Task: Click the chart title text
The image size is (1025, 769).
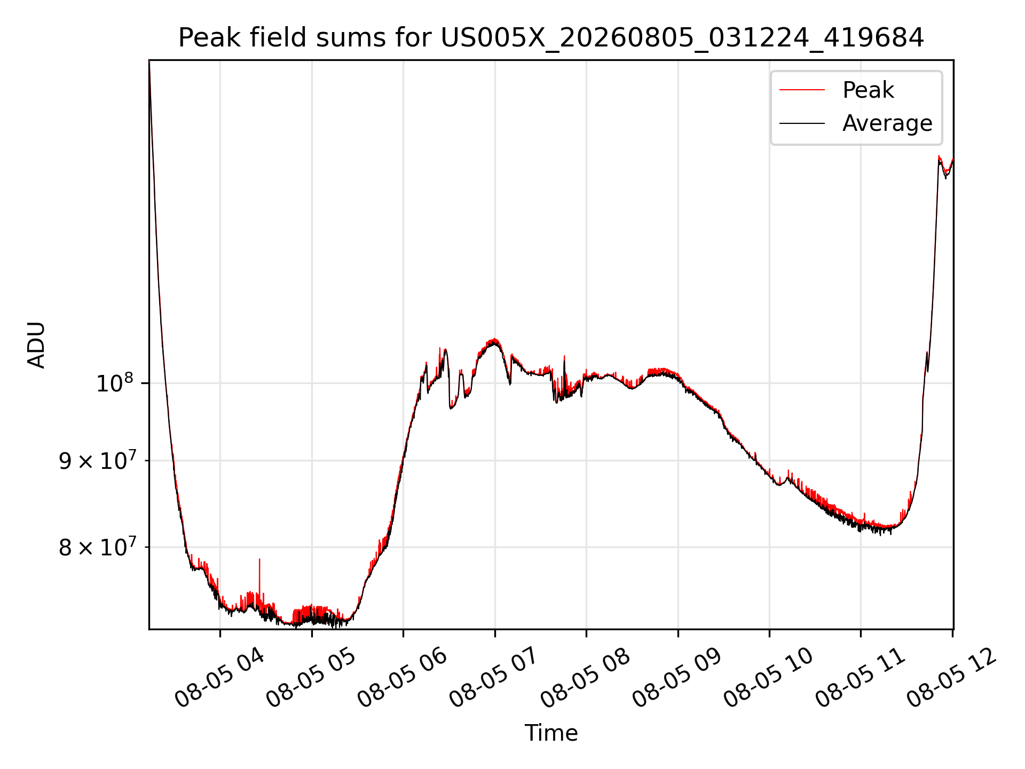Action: click(551, 38)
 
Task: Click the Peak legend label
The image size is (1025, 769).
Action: click(868, 90)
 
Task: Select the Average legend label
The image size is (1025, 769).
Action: click(887, 123)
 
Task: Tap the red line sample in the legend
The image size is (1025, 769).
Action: click(802, 90)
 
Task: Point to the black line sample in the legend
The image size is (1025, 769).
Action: click(802, 123)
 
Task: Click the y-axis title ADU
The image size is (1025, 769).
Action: click(36, 344)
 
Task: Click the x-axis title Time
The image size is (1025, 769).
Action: click(551, 733)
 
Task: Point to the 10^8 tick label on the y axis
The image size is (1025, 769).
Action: click(114, 383)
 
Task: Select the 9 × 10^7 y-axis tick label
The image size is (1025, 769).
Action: click(98, 460)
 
